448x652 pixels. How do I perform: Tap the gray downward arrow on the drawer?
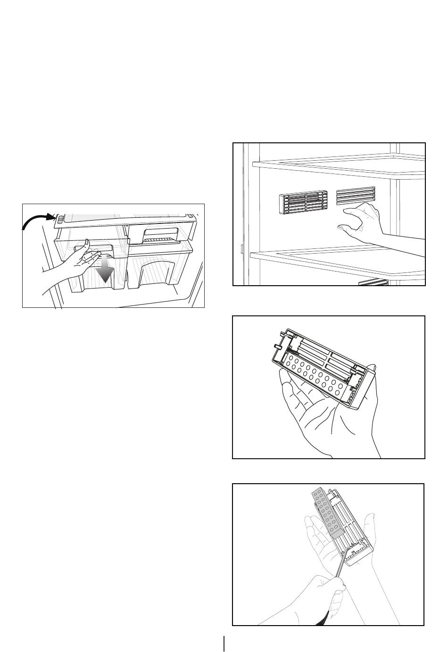click(x=105, y=271)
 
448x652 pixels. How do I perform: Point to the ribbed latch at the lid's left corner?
click(x=60, y=219)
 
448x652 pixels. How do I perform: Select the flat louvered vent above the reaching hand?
click(x=356, y=196)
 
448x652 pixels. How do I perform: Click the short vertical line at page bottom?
click(x=224, y=644)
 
